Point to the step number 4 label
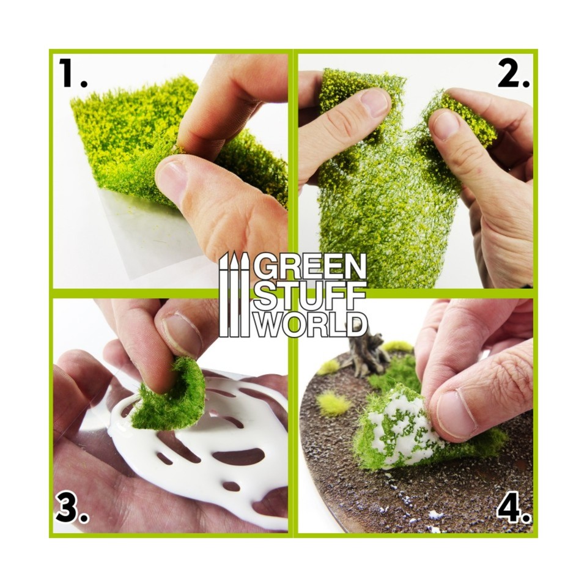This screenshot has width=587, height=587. point(512,509)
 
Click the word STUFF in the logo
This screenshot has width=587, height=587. point(310,295)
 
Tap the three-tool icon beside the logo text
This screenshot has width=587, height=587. point(234,293)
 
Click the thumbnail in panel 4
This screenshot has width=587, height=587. point(456,415)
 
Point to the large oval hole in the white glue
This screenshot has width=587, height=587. point(238,456)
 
